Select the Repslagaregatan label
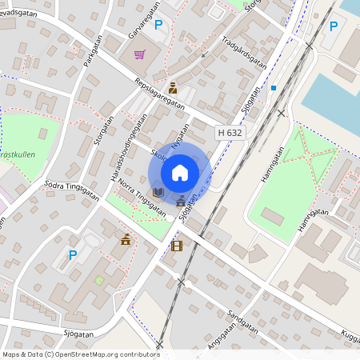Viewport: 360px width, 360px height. [160, 94]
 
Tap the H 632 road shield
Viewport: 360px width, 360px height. [230, 132]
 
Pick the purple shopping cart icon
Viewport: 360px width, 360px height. [139, 55]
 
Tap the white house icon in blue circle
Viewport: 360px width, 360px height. [180, 173]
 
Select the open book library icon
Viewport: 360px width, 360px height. [158, 192]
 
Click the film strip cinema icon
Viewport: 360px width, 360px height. [176, 246]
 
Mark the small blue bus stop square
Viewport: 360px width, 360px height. [273, 88]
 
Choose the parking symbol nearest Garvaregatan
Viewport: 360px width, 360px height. [158, 25]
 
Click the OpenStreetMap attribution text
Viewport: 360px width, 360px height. [80, 354]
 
